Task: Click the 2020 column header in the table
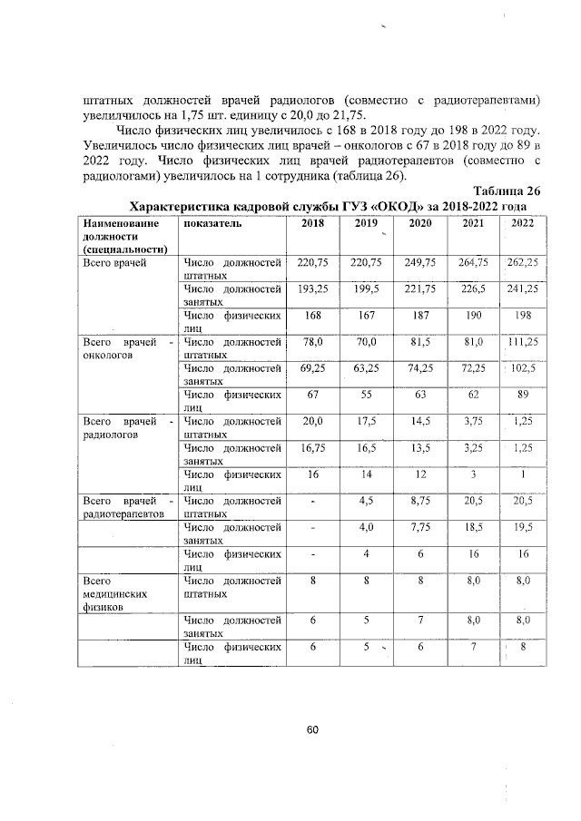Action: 419,223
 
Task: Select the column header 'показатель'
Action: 211,223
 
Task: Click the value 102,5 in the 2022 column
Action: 521,367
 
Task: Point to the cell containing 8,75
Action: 419,499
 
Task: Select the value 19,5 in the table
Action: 521,525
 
